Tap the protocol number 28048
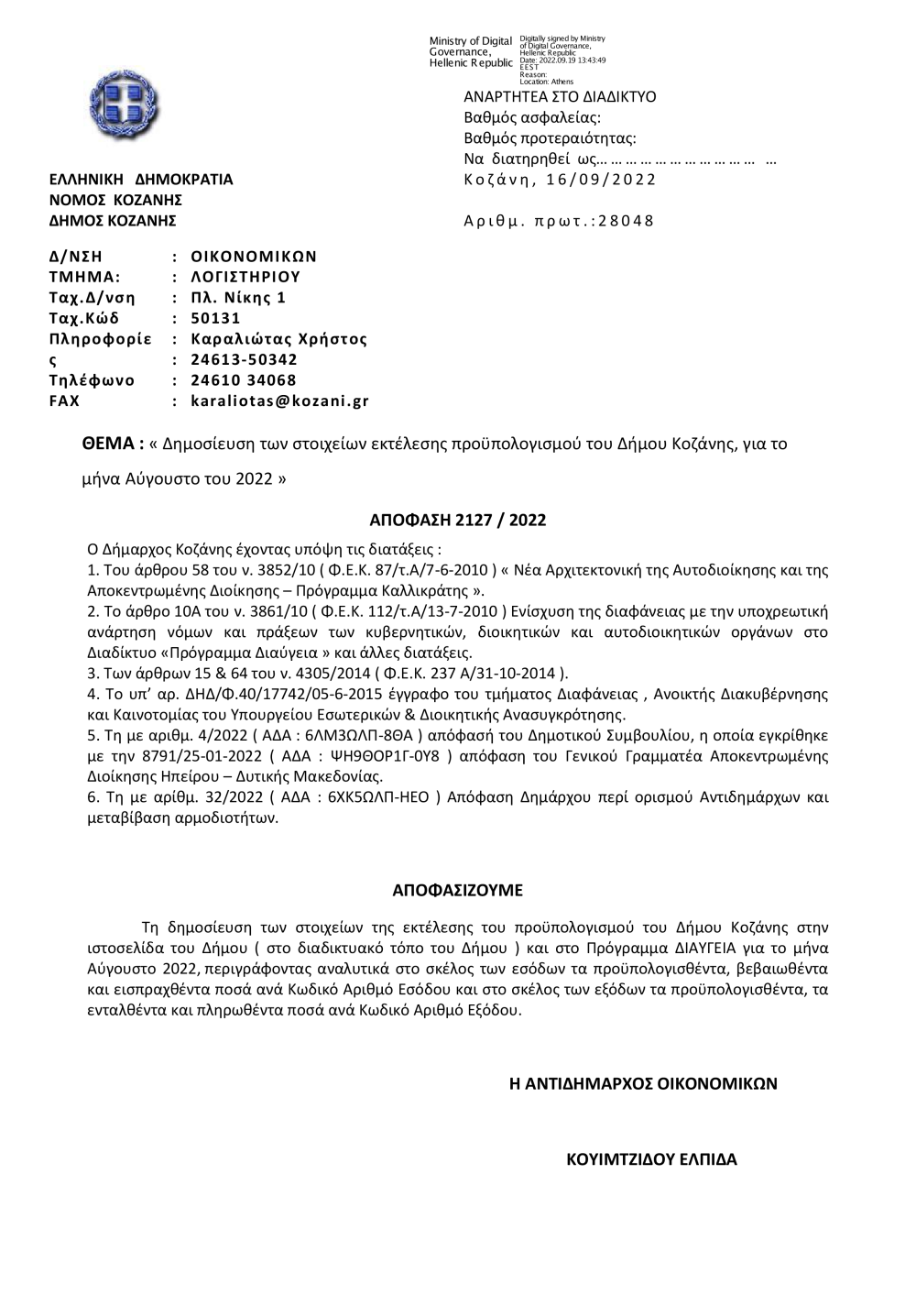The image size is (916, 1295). point(627,221)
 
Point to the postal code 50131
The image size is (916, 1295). point(215,318)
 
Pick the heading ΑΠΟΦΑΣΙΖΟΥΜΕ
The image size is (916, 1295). point(457,890)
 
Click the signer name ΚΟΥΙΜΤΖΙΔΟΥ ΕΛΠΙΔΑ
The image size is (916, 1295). point(652,1158)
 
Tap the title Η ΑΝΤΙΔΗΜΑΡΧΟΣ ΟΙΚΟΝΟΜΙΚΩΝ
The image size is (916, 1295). point(643,1083)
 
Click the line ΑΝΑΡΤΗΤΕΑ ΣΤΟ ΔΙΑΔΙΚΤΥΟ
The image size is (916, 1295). point(560,97)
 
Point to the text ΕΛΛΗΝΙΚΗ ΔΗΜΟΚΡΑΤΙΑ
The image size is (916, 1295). point(141,180)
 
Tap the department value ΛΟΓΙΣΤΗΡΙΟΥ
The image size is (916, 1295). point(245,277)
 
